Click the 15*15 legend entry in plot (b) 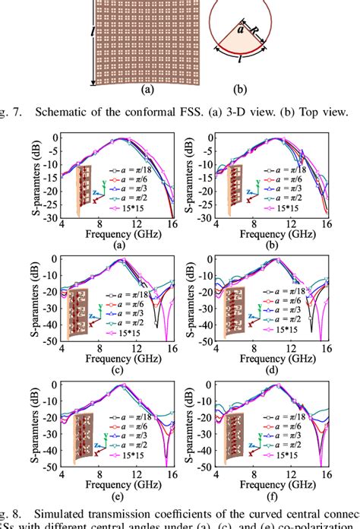coord(305,207)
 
